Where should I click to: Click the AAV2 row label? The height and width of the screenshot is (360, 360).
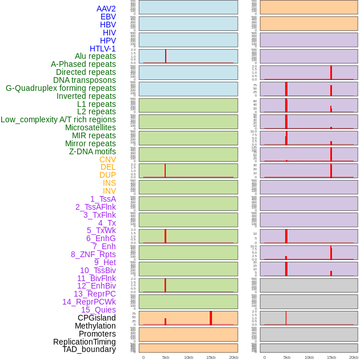coord(106,9)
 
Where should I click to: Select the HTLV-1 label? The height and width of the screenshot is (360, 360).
coord(102,49)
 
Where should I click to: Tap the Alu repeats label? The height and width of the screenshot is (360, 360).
coord(95,56)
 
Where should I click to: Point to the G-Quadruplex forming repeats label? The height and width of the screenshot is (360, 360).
coord(61,88)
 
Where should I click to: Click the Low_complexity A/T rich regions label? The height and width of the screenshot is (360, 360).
coord(58,119)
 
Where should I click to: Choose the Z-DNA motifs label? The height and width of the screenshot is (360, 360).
coord(92,151)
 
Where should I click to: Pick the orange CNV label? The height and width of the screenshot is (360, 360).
coord(107,159)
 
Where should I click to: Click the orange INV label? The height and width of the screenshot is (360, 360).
coord(109,191)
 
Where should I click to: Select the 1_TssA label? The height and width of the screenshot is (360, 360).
coord(103,199)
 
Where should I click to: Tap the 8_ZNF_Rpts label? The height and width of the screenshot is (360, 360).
coord(93,254)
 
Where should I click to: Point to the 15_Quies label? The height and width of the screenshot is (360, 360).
coord(98,310)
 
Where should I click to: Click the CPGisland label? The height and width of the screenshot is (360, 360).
coord(97,318)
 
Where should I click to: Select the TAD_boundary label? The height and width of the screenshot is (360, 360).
coord(89,349)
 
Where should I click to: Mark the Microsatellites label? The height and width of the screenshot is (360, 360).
coord(90,127)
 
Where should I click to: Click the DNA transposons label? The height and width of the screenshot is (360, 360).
coord(85,80)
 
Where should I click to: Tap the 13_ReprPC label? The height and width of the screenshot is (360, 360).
coord(94,294)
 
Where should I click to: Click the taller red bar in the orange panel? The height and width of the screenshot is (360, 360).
coord(211,318)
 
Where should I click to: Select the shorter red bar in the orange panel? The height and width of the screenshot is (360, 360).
coord(165,322)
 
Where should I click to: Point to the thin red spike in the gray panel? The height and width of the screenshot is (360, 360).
coord(286,318)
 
